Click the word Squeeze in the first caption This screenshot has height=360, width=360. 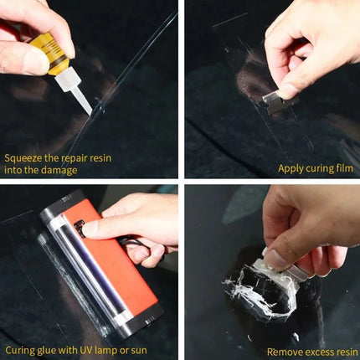[x=24, y=157]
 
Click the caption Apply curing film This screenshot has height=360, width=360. [x=314, y=168]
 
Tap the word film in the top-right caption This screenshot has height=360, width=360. [x=342, y=168]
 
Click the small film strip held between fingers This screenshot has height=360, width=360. [x=273, y=97]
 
